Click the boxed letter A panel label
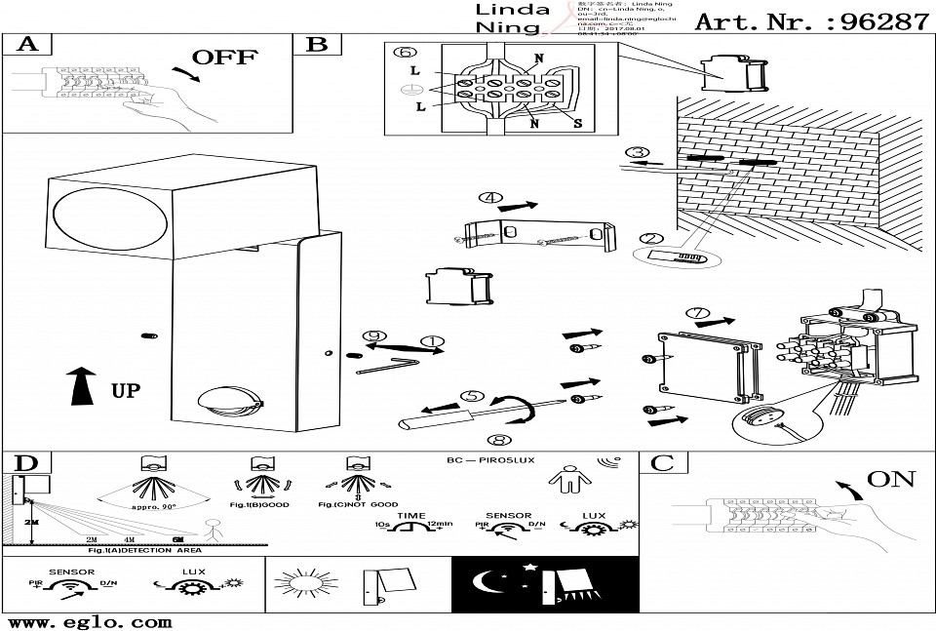coord(26,45)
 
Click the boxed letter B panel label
coord(318,45)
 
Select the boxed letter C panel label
coord(662,463)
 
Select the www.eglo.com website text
coord(89,621)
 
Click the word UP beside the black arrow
coord(125,391)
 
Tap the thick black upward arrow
coord(83,387)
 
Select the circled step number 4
coord(491,199)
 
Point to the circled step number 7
coord(698,314)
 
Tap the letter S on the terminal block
coord(577,124)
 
